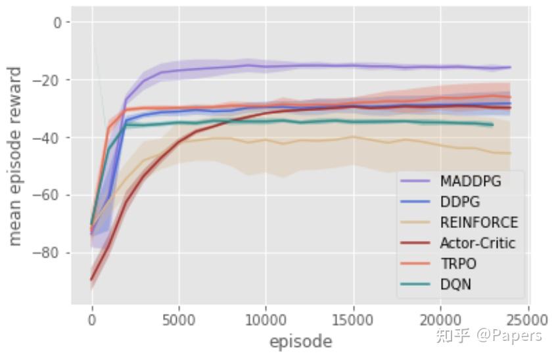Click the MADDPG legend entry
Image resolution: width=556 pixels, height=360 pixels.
click(x=470, y=181)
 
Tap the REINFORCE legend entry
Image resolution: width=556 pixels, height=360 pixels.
click(x=478, y=223)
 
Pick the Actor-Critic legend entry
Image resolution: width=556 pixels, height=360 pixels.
click(x=477, y=244)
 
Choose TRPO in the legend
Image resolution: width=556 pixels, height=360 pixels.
click(x=458, y=264)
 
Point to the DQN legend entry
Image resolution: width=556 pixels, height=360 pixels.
click(x=455, y=285)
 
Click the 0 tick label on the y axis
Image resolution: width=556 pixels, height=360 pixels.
click(x=58, y=23)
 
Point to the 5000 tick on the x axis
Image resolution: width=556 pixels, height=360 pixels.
click(x=179, y=320)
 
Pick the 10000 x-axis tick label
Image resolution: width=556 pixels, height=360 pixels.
click(x=265, y=320)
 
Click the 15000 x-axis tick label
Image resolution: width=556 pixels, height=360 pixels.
click(x=352, y=320)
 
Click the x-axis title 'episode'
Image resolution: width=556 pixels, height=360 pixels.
click(x=300, y=342)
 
